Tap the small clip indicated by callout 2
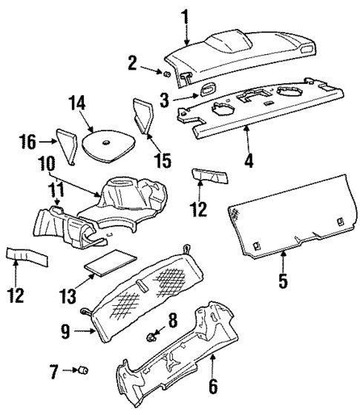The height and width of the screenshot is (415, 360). [x=168, y=73]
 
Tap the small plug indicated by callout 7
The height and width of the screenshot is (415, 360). [x=83, y=370]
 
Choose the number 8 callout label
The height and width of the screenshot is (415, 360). [x=173, y=320]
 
